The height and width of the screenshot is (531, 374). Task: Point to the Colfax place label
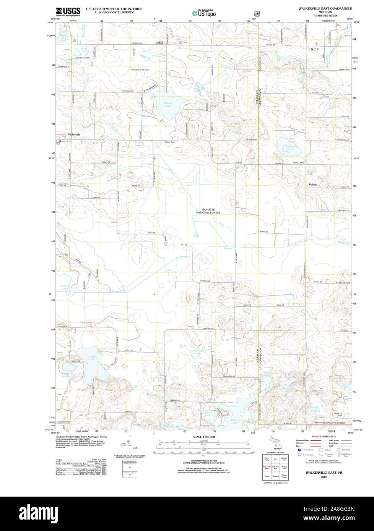(159, 43)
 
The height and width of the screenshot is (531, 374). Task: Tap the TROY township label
(314, 49)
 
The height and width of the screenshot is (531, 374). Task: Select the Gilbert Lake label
(168, 105)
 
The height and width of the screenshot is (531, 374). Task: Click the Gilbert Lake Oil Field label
(140, 70)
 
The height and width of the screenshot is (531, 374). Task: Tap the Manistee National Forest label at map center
(208, 211)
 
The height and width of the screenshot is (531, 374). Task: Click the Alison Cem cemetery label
(170, 142)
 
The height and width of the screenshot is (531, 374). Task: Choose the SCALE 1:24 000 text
(204, 437)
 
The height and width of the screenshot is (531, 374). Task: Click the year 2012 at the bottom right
(324, 477)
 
